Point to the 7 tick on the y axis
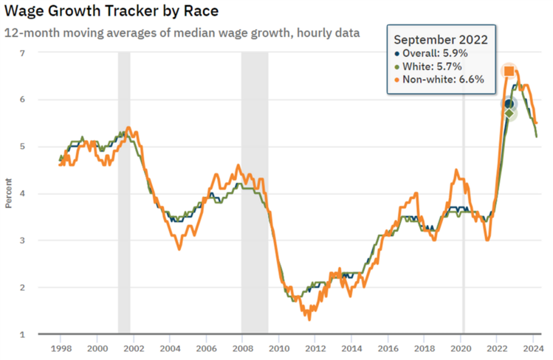pos(22,52)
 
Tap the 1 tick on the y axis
pos(22,334)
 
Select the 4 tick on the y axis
pos(22,193)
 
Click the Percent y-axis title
pos(8,193)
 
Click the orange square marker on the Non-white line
pos(509,71)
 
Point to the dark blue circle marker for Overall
pos(509,104)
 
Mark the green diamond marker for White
pos(509,112)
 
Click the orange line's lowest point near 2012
pos(309,319)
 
